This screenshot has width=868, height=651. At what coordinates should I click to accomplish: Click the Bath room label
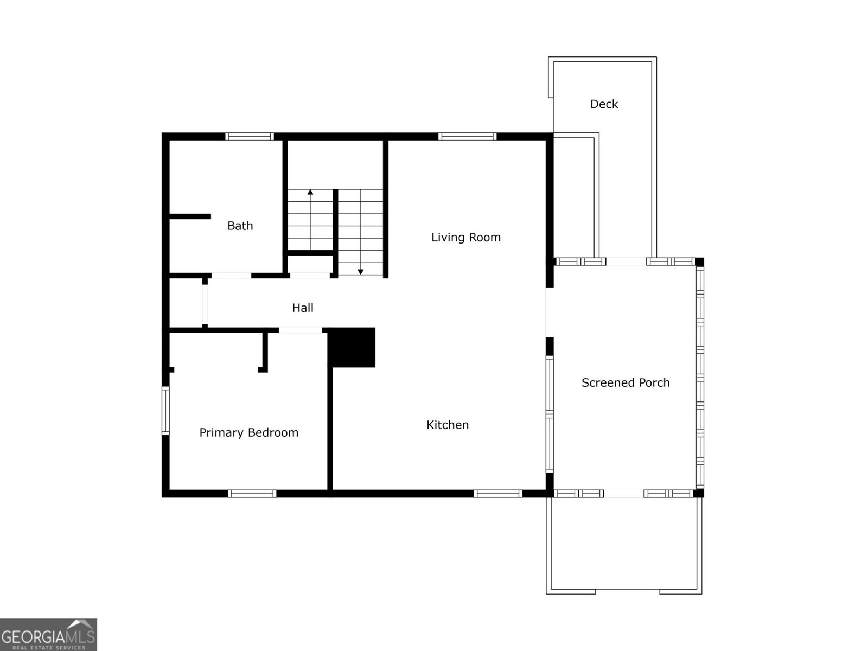pyautogui.click(x=240, y=226)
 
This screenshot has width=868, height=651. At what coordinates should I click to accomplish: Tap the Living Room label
pyautogui.click(x=465, y=237)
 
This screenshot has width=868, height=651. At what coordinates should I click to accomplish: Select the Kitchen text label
pyautogui.click(x=448, y=425)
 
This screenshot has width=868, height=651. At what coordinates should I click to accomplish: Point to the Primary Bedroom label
pyautogui.click(x=248, y=432)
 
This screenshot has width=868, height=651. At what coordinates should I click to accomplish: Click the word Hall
pyautogui.click(x=303, y=308)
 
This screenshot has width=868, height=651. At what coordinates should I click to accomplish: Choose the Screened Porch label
pyautogui.click(x=625, y=382)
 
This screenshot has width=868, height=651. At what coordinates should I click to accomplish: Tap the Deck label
pyautogui.click(x=604, y=104)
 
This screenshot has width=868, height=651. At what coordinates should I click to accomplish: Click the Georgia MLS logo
pyautogui.click(x=48, y=634)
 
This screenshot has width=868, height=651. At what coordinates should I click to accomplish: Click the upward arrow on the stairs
pyautogui.click(x=310, y=193)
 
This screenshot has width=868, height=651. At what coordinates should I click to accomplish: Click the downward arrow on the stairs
pyautogui.click(x=360, y=271)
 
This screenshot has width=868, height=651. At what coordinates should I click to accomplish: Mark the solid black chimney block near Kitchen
pyautogui.click(x=352, y=347)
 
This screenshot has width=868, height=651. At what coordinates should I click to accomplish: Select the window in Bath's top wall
pyautogui.click(x=250, y=137)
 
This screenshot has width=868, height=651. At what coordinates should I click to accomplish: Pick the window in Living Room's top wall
pyautogui.click(x=467, y=137)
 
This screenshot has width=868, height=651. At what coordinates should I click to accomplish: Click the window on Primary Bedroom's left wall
pyautogui.click(x=166, y=411)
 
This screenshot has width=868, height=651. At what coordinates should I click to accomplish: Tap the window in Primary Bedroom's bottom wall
pyautogui.click(x=252, y=493)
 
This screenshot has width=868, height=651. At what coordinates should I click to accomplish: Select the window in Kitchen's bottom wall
pyautogui.click(x=497, y=493)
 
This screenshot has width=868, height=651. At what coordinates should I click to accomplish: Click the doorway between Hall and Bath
pyautogui.click(x=231, y=276)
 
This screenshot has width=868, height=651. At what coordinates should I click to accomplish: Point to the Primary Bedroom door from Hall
pyautogui.click(x=301, y=330)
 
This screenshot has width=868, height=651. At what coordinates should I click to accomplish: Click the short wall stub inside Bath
pyautogui.click(x=190, y=216)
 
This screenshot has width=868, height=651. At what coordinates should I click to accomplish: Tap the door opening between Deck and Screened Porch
pyautogui.click(x=626, y=261)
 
